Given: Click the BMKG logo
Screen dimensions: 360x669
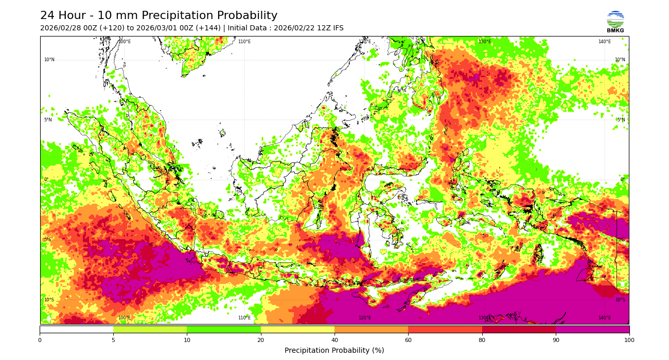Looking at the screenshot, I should pos(615,22).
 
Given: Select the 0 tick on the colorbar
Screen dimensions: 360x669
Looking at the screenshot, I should pos(40,340).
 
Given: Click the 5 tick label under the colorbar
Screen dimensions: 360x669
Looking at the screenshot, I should pos(113,340).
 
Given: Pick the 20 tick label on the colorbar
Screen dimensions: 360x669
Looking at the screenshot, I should pos(261,340).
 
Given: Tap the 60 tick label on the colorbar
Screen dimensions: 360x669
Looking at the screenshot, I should pos(408,340).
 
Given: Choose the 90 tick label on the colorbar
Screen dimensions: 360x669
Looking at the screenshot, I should pos(555,340).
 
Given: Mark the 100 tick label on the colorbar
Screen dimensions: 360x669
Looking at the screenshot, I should pos(629,340).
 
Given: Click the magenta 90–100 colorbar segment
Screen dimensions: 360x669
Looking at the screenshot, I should pos(592,329).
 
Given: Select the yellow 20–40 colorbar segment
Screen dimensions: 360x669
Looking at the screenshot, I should pos(297,329).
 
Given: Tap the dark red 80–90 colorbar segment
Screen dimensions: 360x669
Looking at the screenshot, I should pos(519,329).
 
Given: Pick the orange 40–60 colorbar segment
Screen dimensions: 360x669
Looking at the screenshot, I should pos(371,329).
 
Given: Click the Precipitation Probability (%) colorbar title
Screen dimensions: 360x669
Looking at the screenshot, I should pos(334,351).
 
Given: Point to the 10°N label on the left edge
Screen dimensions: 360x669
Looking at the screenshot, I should pos(49,60).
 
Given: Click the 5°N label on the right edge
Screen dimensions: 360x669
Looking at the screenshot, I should pos(621,120).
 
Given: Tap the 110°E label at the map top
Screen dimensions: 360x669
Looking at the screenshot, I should pos(244,42).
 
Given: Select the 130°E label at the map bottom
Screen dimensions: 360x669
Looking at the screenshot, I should pos(484,318).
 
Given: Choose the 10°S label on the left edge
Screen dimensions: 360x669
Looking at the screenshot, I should pos(49,300).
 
